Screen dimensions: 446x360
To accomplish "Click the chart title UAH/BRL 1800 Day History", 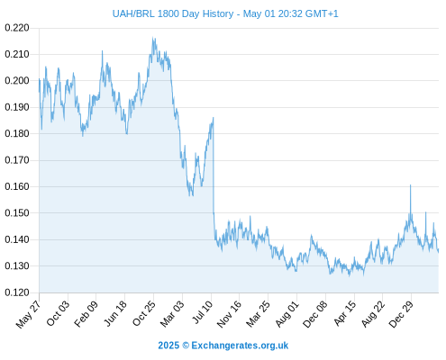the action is [173, 13].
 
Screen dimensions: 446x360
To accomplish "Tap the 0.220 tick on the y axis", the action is [17, 28].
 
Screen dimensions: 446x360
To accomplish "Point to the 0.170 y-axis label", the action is [17, 160].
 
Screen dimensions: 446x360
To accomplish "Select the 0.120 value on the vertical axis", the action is [17, 292].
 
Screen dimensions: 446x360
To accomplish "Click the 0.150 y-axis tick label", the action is [17, 213].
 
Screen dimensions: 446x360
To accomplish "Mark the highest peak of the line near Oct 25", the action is [153, 38].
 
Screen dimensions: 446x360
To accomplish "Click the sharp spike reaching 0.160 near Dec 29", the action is [410, 185].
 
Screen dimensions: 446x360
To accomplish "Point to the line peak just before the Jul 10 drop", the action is [213, 118].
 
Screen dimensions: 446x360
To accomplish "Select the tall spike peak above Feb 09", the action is [102, 51].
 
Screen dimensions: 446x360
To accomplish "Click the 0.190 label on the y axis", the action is [17, 107].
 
